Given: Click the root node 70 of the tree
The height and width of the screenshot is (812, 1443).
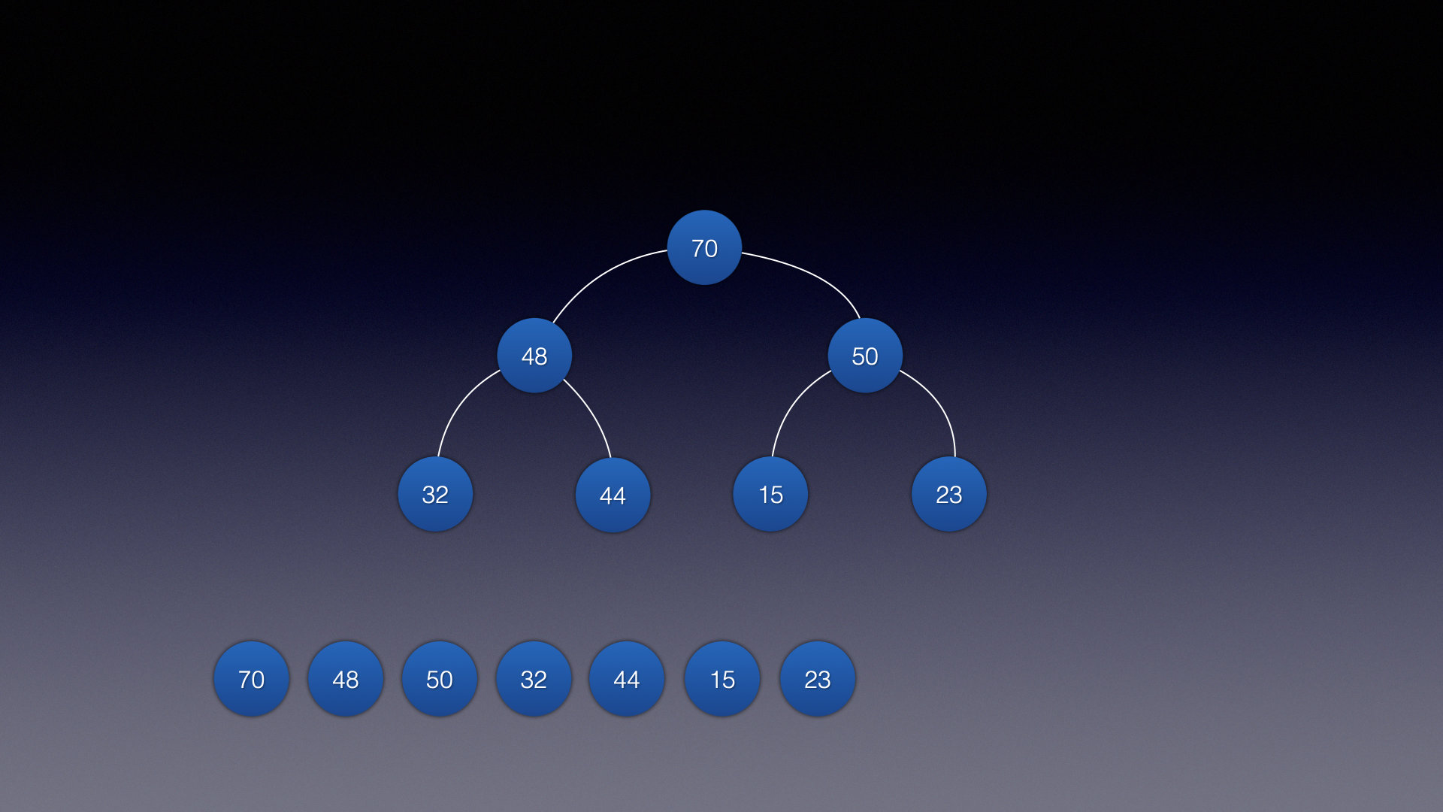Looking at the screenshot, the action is pos(704,247).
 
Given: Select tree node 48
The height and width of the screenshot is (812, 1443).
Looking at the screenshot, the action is pos(534,356).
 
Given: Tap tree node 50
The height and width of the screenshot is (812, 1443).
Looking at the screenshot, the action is pos(865,356).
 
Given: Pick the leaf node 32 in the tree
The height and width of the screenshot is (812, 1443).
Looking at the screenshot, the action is pos(435,494).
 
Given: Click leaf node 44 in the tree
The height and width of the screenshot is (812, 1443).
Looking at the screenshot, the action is pos(613,495).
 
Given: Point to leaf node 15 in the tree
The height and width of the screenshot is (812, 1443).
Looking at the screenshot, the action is pos(770,494).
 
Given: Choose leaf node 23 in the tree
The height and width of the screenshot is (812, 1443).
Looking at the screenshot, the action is pos(948,494).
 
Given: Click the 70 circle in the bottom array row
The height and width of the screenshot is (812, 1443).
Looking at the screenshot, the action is pos(251,679).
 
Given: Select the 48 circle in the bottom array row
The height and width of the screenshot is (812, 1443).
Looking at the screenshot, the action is pos(346,679).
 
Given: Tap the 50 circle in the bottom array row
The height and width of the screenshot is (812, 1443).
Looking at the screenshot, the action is pos(440,679).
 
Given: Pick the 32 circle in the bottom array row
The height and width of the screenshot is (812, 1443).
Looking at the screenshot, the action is pos(534,679).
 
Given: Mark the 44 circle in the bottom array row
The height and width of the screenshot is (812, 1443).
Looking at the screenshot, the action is pos(627,679).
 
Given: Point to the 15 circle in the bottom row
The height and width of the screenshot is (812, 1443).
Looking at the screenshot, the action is pos(722,679).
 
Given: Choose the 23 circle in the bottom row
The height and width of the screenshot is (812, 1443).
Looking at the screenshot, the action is pos(818,679).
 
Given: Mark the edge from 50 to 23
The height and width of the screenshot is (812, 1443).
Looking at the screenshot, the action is pos(938,402).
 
